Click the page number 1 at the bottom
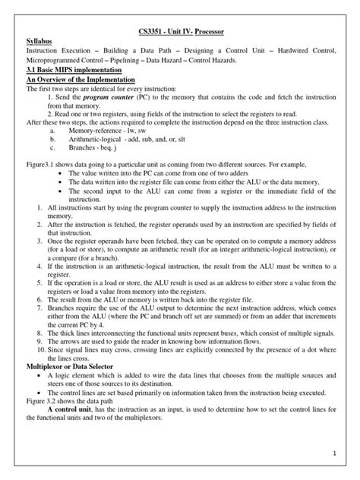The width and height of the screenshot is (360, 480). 333,453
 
